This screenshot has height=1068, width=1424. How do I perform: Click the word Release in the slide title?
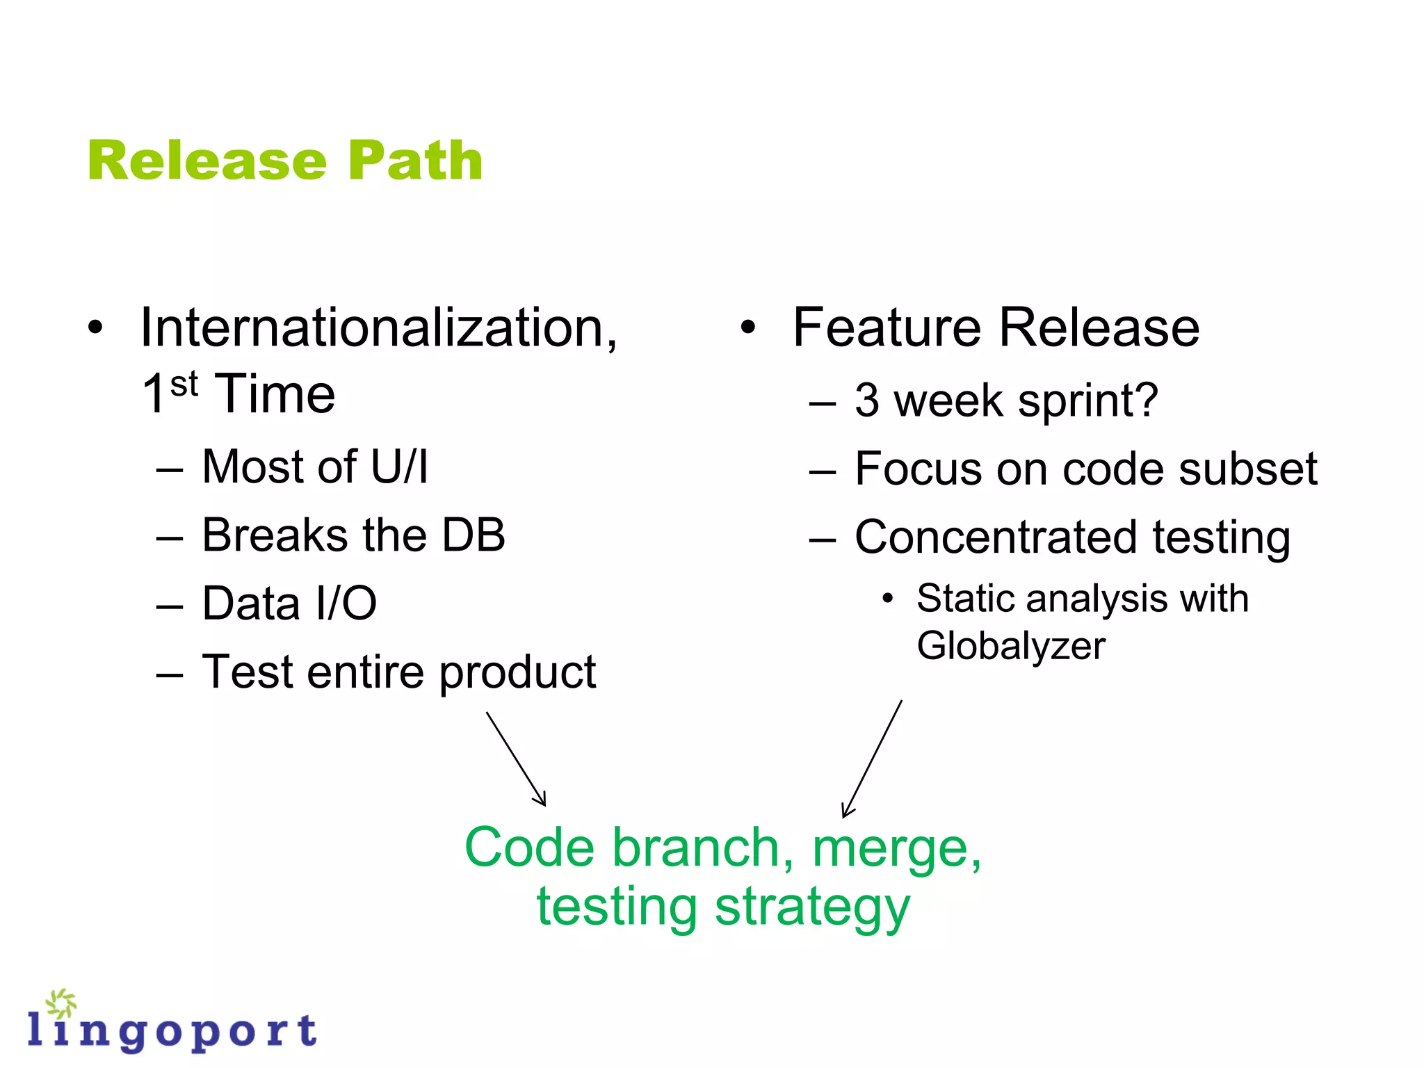click(x=207, y=161)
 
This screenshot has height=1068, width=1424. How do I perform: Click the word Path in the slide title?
click(x=415, y=161)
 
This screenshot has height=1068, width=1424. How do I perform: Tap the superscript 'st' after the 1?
click(x=184, y=385)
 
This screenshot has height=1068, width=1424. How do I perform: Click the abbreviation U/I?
click(x=400, y=467)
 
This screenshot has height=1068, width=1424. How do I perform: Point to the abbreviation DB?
click(x=474, y=535)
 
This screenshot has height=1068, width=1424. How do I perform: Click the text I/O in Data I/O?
click(x=346, y=604)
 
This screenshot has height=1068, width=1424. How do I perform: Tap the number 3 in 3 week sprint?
click(x=867, y=400)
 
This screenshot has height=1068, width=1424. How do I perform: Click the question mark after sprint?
click(x=1146, y=400)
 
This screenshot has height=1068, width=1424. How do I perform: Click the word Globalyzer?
click(x=1010, y=647)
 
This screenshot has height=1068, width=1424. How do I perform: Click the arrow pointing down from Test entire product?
click(x=516, y=759)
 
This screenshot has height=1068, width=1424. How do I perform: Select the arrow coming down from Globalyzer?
click(x=872, y=759)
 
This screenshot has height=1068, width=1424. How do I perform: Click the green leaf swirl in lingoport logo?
click(x=61, y=1003)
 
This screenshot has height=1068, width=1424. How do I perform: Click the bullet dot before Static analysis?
click(x=887, y=598)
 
